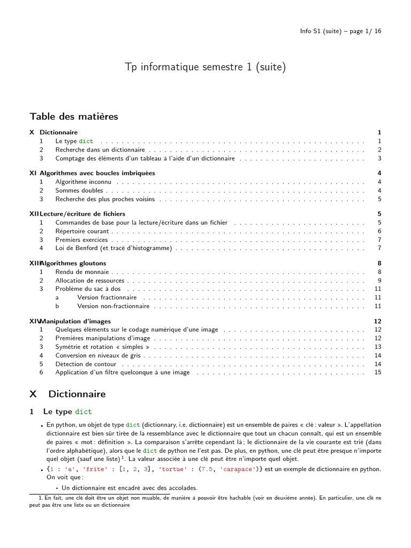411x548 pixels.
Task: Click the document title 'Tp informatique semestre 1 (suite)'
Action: (205, 67)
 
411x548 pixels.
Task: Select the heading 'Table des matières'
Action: (74, 116)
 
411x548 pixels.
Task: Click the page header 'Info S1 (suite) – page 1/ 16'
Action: (340, 31)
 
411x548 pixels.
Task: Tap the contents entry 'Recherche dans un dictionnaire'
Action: (100, 150)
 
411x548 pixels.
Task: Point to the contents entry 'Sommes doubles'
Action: (79, 191)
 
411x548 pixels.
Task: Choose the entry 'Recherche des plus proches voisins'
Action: (105, 199)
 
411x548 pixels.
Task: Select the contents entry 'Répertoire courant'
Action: (82, 231)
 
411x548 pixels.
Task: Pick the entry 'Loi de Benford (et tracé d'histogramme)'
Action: (113, 248)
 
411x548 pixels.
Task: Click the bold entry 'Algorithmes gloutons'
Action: (73, 263)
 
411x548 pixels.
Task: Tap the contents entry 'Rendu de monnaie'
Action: (82, 272)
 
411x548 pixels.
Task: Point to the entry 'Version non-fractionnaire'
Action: (113, 306)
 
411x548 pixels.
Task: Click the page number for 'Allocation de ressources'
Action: (379, 280)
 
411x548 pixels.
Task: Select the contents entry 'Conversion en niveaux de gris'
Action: (98, 355)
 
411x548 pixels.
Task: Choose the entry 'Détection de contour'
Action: (86, 364)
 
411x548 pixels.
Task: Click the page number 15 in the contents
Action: (378, 372)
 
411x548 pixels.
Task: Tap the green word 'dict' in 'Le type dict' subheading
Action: (83, 412)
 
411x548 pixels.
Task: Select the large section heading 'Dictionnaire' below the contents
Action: (77, 394)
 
